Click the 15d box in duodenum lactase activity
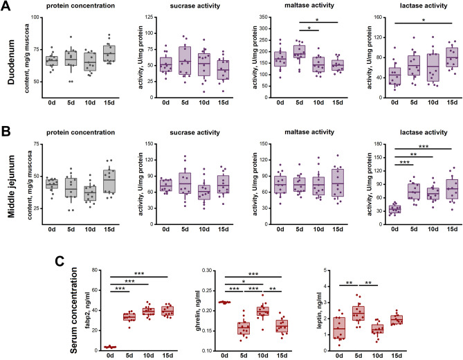click(433, 60)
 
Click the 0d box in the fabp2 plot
click(109, 347)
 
